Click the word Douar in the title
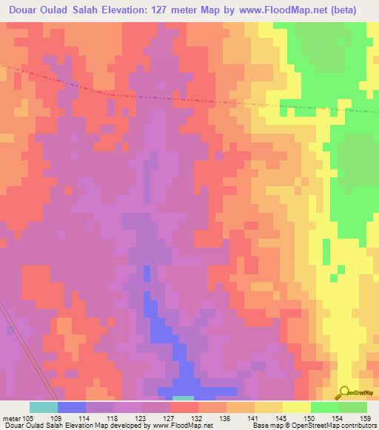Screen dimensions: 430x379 tap(26, 10)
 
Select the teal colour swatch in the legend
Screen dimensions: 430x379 tap(44, 407)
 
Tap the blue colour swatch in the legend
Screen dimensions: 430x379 tap(72, 407)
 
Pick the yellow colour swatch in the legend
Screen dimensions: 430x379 tap(296, 407)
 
